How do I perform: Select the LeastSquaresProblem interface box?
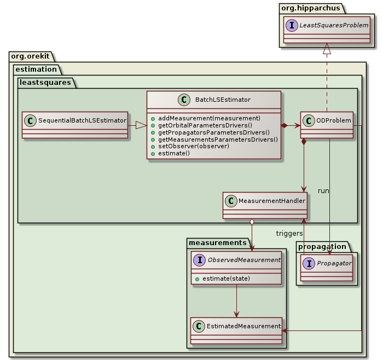327,31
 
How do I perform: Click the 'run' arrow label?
323,190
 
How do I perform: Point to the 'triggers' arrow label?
289,233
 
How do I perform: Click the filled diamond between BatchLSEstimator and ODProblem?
285,125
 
